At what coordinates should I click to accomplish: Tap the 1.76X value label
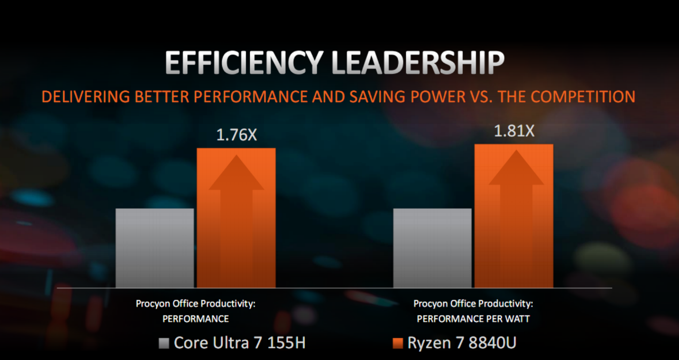click(x=236, y=135)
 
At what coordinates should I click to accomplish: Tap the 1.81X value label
click(x=514, y=131)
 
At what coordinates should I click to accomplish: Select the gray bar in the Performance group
click(x=155, y=248)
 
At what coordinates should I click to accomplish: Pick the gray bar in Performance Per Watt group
click(x=432, y=248)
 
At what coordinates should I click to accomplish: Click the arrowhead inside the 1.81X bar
click(x=516, y=168)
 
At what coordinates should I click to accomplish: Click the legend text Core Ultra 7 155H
click(x=239, y=343)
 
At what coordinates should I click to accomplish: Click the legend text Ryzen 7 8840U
click(x=462, y=343)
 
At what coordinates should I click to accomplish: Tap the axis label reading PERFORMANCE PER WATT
click(x=473, y=319)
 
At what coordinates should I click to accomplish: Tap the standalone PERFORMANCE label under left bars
click(x=195, y=319)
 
